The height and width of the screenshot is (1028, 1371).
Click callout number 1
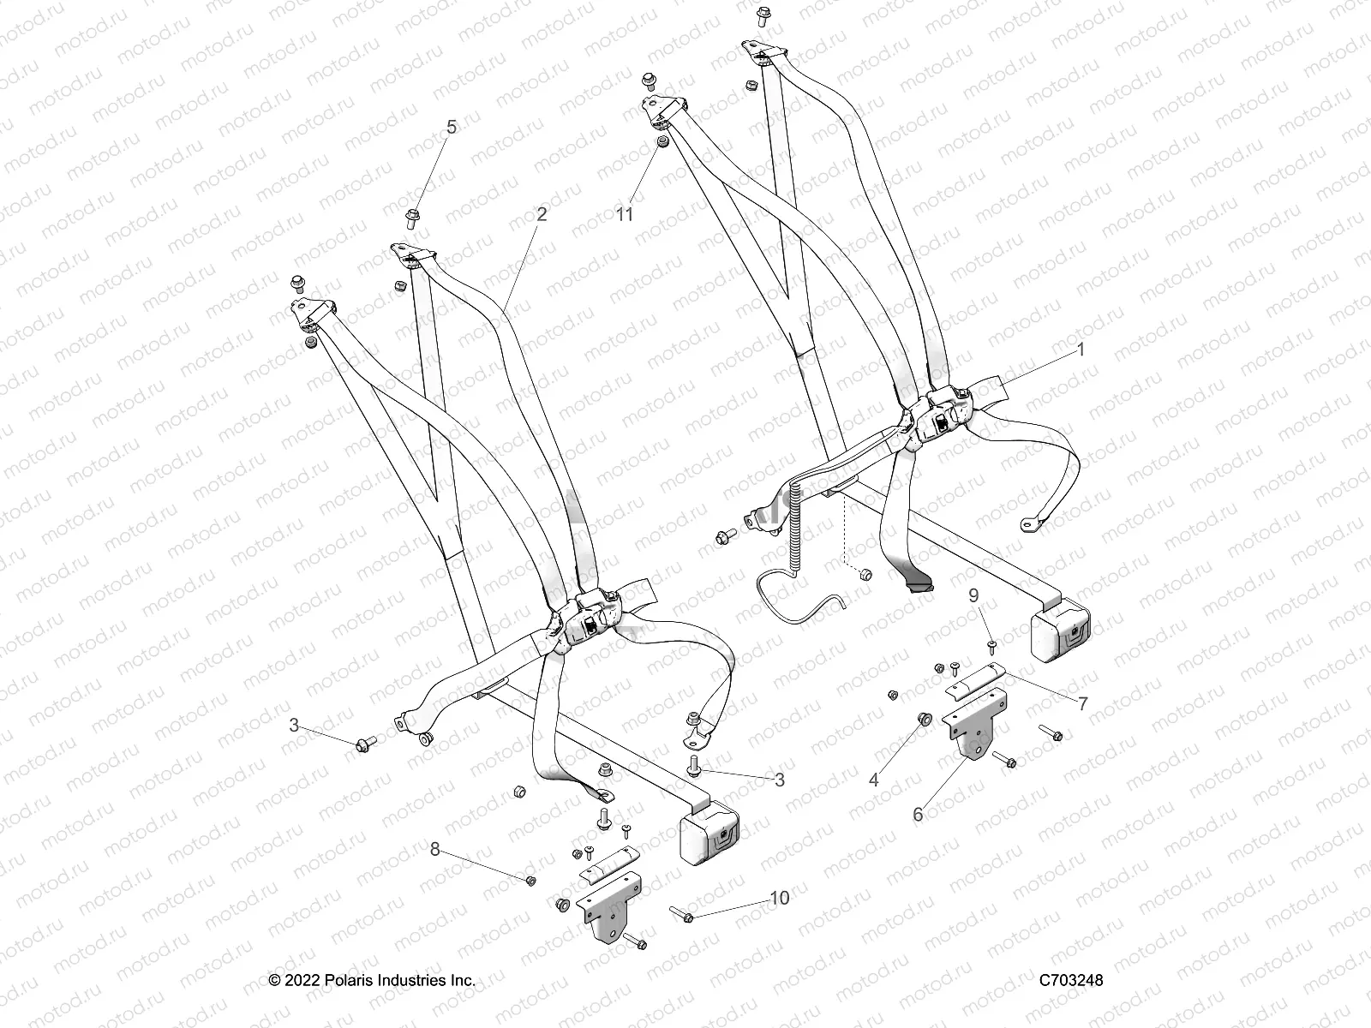[1081, 350]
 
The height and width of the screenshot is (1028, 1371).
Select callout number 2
[541, 214]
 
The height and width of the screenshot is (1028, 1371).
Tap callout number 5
[452, 128]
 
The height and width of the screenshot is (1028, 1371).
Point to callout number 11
[625, 213]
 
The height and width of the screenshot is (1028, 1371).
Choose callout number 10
[779, 898]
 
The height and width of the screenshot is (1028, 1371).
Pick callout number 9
[973, 595]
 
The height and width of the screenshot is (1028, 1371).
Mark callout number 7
[1082, 704]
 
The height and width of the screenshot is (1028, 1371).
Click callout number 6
[918, 814]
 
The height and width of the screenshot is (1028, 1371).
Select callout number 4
[874, 780]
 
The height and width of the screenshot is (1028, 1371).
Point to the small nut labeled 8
[530, 881]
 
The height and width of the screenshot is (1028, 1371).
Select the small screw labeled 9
[992, 643]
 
